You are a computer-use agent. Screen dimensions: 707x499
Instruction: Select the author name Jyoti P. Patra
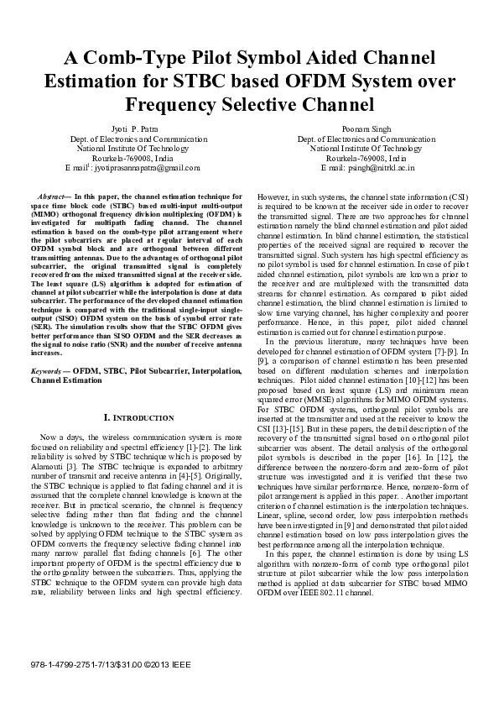pos(135,128)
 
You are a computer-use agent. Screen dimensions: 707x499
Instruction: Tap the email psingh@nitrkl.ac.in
pos(378,168)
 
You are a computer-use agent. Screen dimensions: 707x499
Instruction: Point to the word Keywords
pos(45,370)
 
